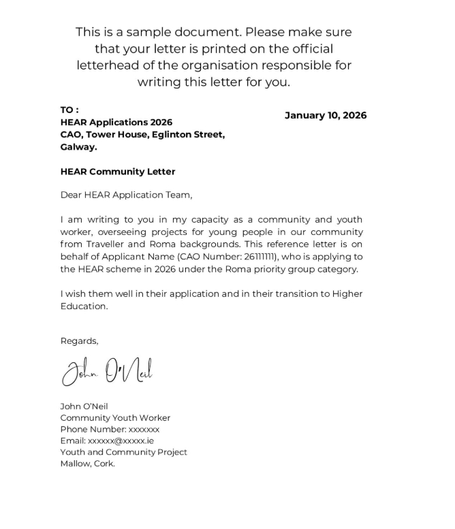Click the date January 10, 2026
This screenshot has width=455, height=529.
point(325,115)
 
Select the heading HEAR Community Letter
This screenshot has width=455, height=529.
point(117,172)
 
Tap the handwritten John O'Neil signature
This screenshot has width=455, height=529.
point(107,371)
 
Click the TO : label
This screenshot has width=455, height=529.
point(69,110)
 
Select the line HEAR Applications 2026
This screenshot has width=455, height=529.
point(116,123)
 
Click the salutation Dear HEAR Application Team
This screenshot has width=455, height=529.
point(126,195)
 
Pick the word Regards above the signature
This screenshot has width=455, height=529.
point(79,341)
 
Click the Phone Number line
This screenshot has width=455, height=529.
point(110,430)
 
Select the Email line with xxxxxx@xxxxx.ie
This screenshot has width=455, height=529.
point(107,440)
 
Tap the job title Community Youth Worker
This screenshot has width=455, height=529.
point(115,418)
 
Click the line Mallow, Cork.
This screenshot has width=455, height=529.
point(87,464)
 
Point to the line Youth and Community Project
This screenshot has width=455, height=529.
point(123,452)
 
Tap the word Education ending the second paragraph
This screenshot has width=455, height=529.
point(84,306)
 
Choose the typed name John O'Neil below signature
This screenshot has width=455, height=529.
point(84,406)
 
